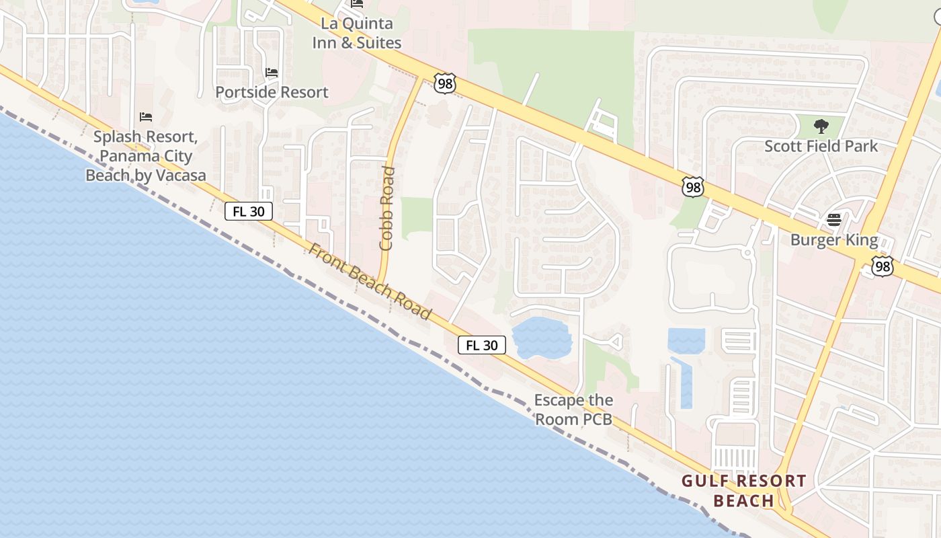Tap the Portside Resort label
[272, 92]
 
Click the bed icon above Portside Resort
[272, 73]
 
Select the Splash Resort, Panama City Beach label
[145, 156]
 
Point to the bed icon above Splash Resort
[146, 117]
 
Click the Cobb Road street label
[386, 208]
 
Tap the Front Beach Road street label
[370, 281]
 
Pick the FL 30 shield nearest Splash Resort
[249, 211]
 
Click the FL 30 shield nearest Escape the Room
[482, 346]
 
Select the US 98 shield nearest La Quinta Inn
[445, 83]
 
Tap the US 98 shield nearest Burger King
[883, 266]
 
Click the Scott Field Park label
[821, 145]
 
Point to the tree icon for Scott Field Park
[821, 126]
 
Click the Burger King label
[834, 240]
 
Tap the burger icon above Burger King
[834, 220]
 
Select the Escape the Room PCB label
[573, 410]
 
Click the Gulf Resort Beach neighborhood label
[743, 491]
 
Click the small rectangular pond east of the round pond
[686, 340]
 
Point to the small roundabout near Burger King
[747, 253]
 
